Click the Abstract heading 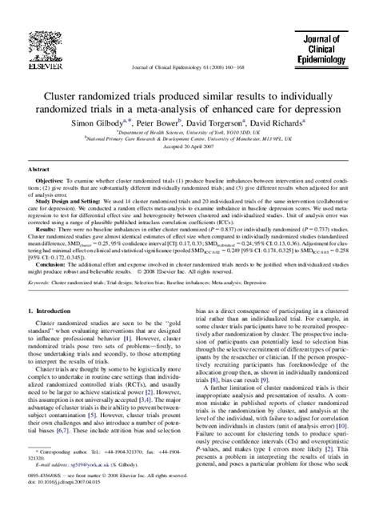point(40,170)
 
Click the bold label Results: point(46,229)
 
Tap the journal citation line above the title point(189,71)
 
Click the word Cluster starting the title point(78,94)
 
